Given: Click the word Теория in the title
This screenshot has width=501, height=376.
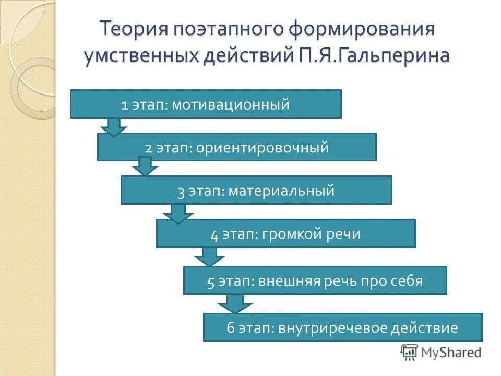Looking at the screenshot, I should click(133, 29).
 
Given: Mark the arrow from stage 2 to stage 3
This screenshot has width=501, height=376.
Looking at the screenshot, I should click(145, 167).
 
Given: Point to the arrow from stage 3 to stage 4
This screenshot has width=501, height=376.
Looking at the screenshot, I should click(178, 213).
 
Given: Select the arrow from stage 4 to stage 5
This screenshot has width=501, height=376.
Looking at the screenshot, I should click(209, 257).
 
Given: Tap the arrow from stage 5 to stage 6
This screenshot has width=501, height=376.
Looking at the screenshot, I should click(235, 303).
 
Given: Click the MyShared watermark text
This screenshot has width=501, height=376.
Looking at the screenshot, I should click(451, 352).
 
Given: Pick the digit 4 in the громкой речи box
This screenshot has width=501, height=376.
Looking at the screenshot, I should click(214, 234).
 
